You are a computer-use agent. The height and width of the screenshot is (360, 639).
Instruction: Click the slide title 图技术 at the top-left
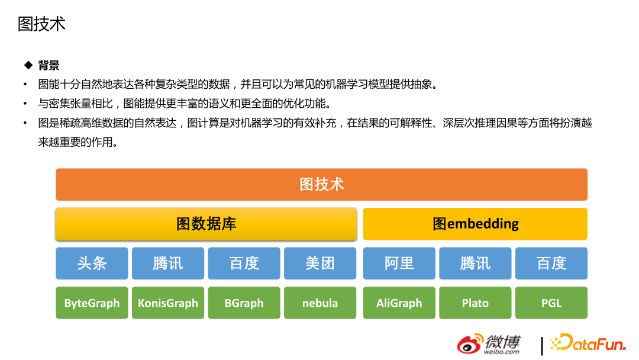click(41, 24)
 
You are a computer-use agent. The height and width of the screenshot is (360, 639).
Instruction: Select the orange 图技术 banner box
click(321, 184)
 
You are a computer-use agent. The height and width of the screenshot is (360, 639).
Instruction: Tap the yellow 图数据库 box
click(206, 224)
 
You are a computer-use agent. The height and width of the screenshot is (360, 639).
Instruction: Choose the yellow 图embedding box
click(475, 224)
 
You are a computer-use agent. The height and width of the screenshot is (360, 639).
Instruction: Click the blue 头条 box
click(92, 263)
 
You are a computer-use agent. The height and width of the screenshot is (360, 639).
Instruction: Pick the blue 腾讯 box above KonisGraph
click(168, 263)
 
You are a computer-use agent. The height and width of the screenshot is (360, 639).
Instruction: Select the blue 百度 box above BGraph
click(244, 263)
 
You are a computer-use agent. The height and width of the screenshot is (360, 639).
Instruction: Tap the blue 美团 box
click(320, 263)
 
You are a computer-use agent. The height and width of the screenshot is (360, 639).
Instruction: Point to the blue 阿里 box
click(399, 263)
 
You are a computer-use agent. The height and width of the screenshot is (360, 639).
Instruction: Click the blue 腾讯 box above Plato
click(475, 263)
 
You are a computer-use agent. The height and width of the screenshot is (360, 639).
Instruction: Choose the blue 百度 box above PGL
click(551, 263)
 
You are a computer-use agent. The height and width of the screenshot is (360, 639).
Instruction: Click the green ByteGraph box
click(92, 303)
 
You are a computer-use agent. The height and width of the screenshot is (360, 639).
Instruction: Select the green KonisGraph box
click(168, 303)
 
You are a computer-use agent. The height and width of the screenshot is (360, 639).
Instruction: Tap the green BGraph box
click(244, 303)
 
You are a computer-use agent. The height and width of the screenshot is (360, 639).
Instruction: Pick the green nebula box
click(320, 303)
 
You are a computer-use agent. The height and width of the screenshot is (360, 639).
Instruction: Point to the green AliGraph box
click(399, 303)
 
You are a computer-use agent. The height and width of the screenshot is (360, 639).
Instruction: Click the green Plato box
click(475, 303)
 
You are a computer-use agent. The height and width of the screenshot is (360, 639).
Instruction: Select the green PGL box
click(551, 303)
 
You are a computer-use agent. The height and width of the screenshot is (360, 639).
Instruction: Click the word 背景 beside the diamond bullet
click(49, 65)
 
